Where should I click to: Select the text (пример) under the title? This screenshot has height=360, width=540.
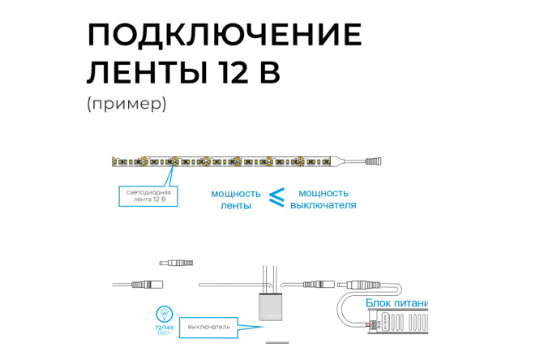(126, 105)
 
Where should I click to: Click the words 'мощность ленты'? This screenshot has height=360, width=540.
(235, 199)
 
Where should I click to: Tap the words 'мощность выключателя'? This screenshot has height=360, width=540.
(324, 199)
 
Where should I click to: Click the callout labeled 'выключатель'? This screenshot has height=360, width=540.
(209, 327)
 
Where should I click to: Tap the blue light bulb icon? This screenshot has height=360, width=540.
(163, 313)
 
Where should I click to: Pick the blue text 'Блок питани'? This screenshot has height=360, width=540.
(396, 302)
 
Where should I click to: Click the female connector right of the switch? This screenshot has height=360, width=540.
(319, 285)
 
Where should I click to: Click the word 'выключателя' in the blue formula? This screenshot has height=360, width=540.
(324, 205)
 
